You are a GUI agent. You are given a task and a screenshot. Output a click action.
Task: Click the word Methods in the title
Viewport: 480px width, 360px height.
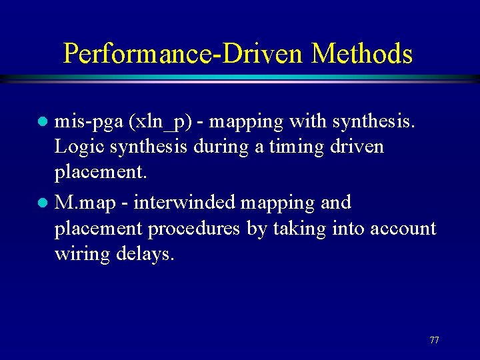tap(362, 53)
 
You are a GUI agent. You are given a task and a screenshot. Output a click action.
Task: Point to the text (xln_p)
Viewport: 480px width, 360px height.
tap(158, 122)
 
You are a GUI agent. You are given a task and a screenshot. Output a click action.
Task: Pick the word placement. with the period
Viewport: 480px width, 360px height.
tap(101, 172)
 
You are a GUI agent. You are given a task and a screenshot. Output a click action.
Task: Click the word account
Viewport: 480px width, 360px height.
tap(397, 228)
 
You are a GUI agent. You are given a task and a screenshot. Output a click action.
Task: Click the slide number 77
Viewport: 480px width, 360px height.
tap(434, 340)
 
